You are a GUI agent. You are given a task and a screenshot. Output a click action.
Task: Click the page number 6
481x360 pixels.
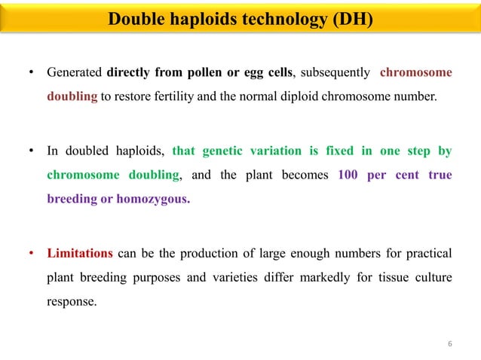(x=450, y=344)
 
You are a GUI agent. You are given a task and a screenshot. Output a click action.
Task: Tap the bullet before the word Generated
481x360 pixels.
(x=31, y=74)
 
